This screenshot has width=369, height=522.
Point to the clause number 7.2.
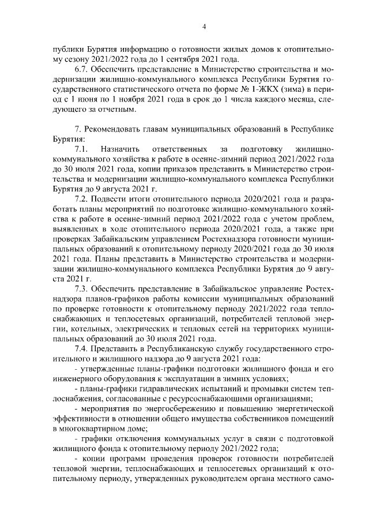pyautogui.click(x=82, y=199)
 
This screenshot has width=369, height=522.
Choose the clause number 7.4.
pyautogui.click(x=82, y=348)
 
